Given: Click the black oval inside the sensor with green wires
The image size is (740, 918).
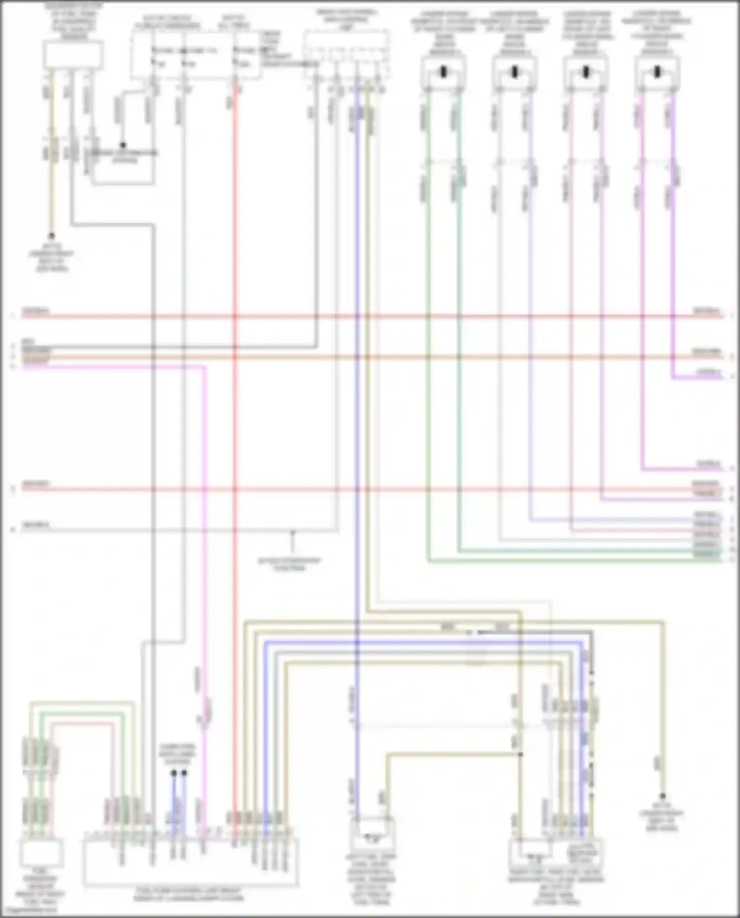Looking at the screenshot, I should pyautogui.click(x=444, y=73).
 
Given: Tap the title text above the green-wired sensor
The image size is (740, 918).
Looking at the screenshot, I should pyautogui.click(x=444, y=33).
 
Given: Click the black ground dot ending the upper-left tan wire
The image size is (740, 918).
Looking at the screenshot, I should pyautogui.click(x=51, y=236).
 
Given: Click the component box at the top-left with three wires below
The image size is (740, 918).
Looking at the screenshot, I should pyautogui.click(x=73, y=54).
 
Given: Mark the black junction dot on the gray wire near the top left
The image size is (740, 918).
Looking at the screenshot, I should pyautogui.click(x=123, y=145).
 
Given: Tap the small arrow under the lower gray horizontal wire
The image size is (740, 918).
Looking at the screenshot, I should pyautogui.click(x=292, y=533).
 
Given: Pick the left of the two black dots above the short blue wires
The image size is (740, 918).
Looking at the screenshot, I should pyautogui.click(x=174, y=773).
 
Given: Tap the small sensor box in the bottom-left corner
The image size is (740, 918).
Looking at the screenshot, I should pyautogui.click(x=41, y=854).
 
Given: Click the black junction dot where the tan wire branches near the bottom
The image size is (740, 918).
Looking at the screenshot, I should pyautogui.click(x=520, y=754).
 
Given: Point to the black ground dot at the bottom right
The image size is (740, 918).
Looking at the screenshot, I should pyautogui.click(x=663, y=796).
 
